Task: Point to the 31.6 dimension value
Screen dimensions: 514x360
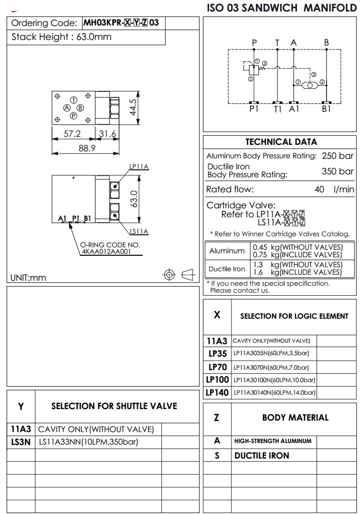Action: click(x=107, y=134)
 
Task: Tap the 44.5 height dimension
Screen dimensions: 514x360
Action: click(x=133, y=107)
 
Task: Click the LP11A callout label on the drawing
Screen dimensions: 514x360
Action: click(x=139, y=167)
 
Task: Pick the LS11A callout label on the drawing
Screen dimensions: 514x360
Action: click(x=139, y=231)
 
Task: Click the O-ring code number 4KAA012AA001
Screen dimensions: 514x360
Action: click(x=106, y=252)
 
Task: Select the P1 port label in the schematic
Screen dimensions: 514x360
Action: click(x=254, y=109)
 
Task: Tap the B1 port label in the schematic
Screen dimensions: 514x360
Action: click(x=326, y=109)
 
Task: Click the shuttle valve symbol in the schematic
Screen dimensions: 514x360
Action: click(x=310, y=85)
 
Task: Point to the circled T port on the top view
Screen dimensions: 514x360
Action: click(x=73, y=100)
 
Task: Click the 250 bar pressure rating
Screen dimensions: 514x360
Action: click(x=337, y=156)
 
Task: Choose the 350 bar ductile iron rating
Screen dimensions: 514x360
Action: click(x=337, y=171)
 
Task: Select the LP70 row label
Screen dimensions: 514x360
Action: click(x=217, y=367)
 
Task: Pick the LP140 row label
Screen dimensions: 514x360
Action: click(x=217, y=393)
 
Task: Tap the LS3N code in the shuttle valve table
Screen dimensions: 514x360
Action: click(x=21, y=442)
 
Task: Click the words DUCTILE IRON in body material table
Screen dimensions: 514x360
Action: click(x=261, y=456)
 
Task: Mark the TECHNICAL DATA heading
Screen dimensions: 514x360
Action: click(x=281, y=142)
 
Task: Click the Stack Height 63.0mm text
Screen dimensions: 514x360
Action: click(x=61, y=37)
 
